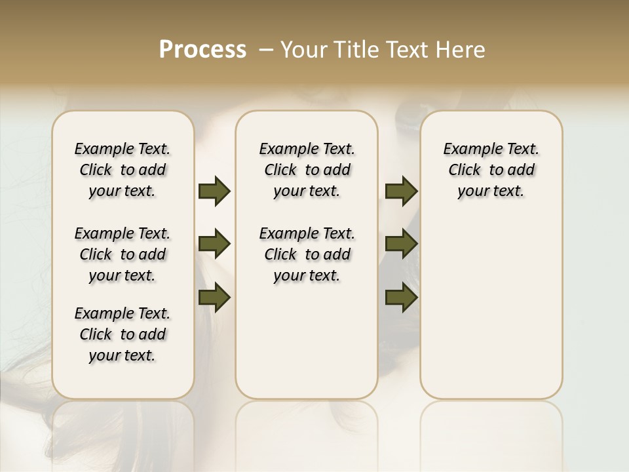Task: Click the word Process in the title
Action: pos(202,50)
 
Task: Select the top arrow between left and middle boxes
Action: pos(214,191)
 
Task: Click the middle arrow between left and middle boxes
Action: pos(214,244)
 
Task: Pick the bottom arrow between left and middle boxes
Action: pos(214,298)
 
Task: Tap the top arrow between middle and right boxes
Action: pos(401,191)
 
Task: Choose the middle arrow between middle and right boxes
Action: pos(401,244)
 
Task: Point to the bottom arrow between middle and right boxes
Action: pos(401,298)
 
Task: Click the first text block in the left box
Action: pos(123,170)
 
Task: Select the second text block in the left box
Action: pos(123,254)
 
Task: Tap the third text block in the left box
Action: pos(123,334)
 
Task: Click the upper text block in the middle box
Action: pos(307,170)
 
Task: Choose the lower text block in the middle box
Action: pos(307,254)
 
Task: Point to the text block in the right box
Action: pos(491,170)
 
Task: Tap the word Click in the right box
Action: pos(465,170)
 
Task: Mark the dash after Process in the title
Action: pos(266,50)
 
